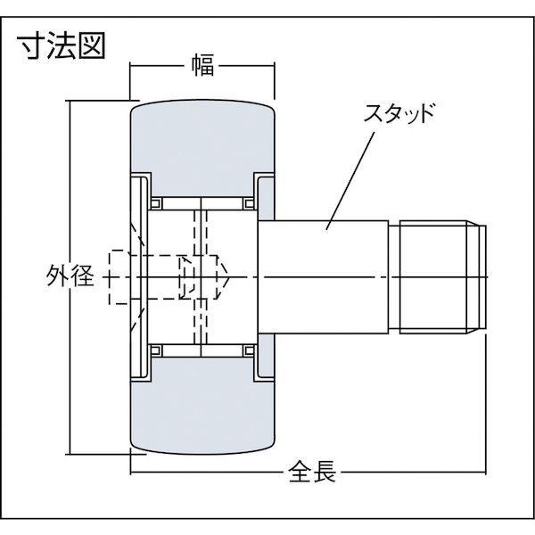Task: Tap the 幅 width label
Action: click(202, 64)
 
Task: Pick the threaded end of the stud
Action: click(437, 278)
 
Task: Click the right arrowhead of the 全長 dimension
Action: click(482, 471)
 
